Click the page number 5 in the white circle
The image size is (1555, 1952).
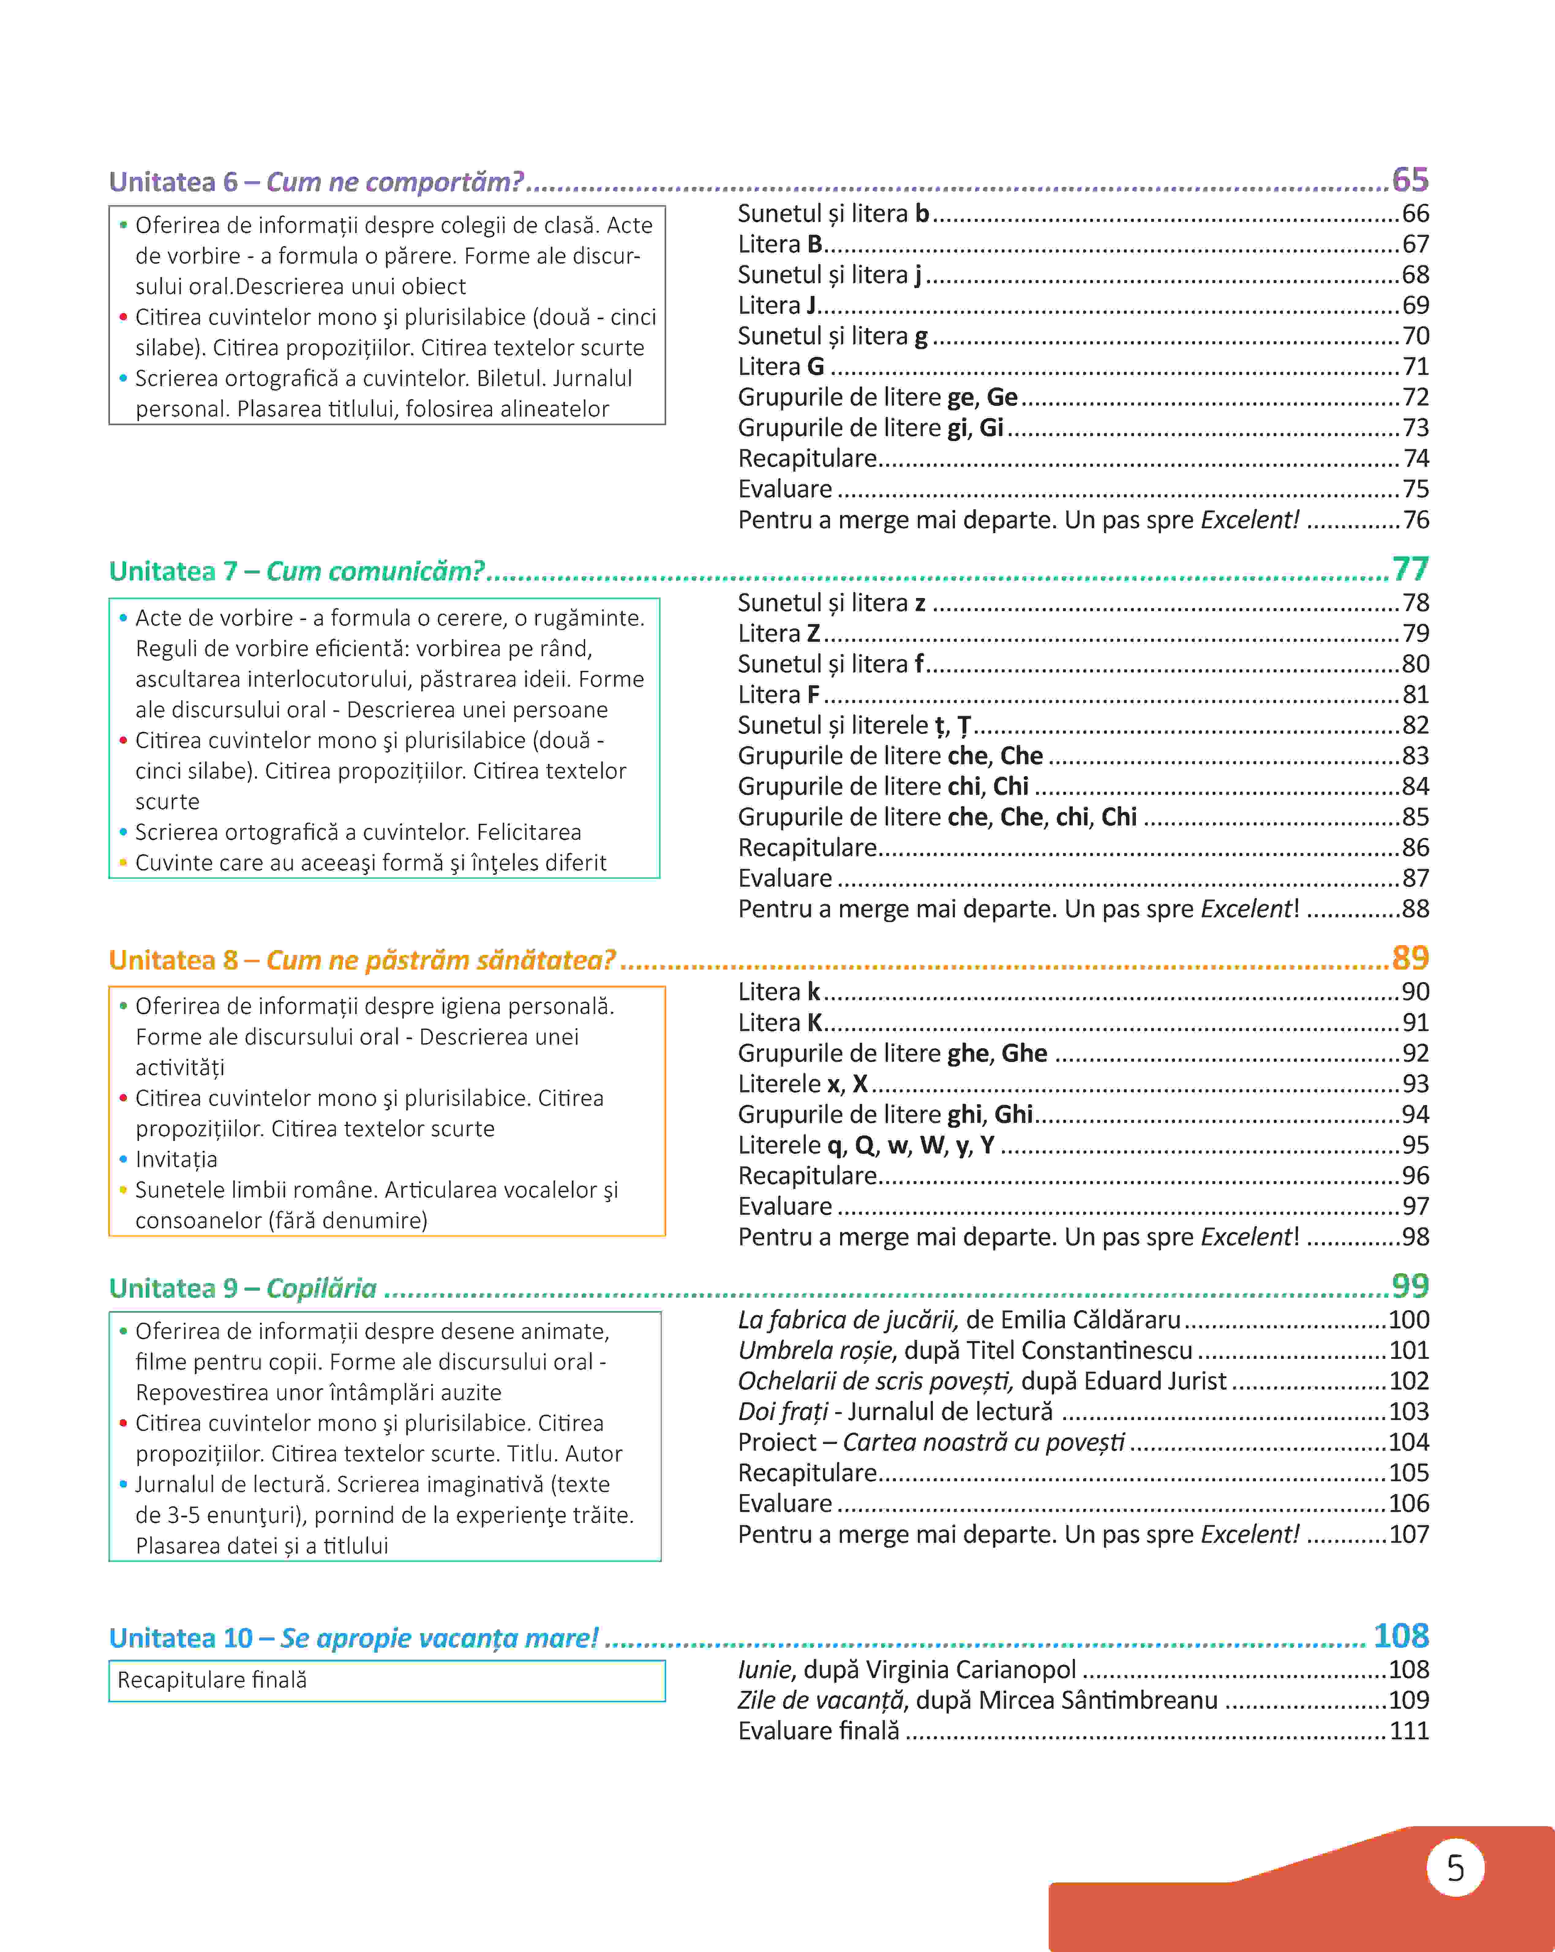(x=1455, y=1868)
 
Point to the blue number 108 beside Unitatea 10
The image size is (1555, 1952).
(x=1400, y=1636)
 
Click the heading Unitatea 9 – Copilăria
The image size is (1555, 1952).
(x=243, y=1288)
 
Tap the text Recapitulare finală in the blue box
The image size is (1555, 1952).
(x=212, y=1681)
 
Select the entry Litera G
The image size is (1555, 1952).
(x=781, y=367)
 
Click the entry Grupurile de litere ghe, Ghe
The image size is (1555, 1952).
(x=892, y=1053)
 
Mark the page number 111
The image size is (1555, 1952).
(x=1409, y=1731)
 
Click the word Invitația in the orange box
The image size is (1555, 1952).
(x=177, y=1160)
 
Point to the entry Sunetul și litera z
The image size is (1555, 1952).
(x=832, y=603)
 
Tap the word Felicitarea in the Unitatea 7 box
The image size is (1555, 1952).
(x=529, y=832)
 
